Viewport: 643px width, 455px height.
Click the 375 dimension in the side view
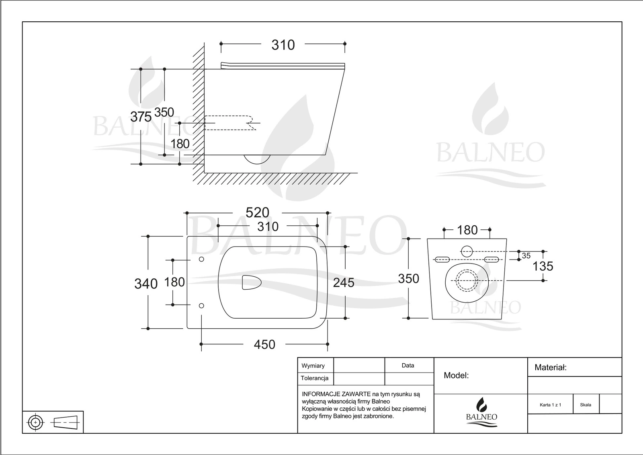141,117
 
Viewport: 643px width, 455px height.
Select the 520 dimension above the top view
257,212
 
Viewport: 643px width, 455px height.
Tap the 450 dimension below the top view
264,344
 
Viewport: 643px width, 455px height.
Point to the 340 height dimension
145,284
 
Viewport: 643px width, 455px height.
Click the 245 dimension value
344,282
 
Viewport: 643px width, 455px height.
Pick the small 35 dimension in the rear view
526,256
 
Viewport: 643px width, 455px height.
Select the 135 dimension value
543,266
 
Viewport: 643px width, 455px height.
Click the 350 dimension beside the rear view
408,278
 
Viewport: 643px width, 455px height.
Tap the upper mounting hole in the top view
202,259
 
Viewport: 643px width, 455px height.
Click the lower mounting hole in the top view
202,306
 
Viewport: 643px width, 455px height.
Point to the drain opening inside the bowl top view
251,282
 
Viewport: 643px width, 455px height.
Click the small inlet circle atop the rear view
467,251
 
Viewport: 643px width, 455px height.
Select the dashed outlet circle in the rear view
467,280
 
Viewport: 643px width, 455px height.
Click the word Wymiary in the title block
313,366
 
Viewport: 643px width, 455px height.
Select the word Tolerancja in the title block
314,378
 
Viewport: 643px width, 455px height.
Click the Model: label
456,375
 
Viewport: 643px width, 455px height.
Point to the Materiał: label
550,367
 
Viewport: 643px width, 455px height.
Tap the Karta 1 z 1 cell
550,405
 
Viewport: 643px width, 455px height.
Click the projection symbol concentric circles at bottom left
36,422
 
